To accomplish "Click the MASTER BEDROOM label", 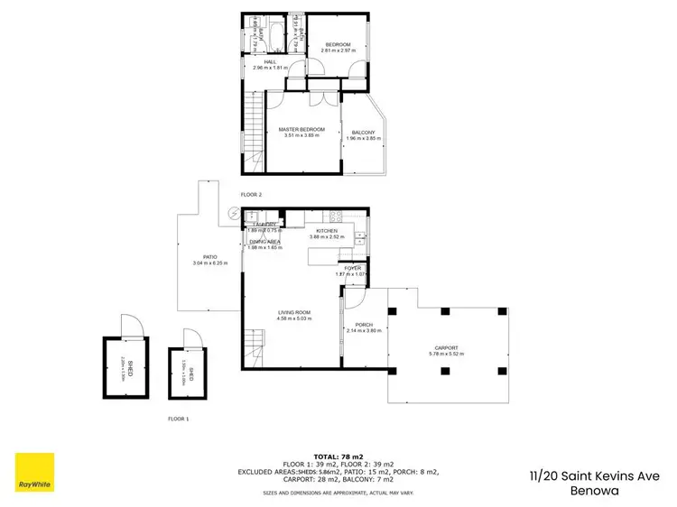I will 303,130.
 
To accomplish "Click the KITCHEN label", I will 326,231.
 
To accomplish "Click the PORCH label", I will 364,325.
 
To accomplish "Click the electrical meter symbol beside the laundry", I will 235,213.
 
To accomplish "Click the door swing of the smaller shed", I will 190,338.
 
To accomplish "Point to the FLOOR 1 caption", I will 179,419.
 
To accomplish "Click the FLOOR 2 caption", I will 250,195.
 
